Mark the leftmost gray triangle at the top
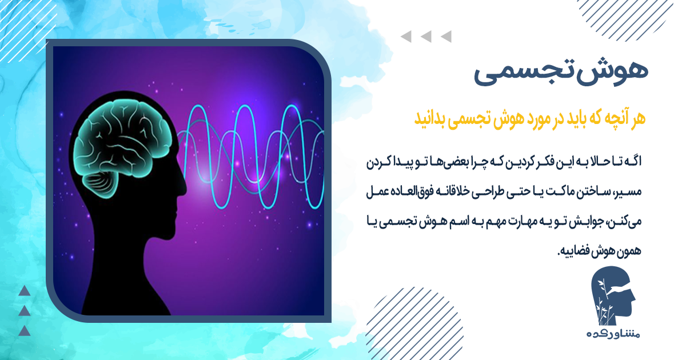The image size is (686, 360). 406,37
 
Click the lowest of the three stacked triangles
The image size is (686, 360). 24,330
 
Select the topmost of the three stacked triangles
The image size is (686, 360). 24,291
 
